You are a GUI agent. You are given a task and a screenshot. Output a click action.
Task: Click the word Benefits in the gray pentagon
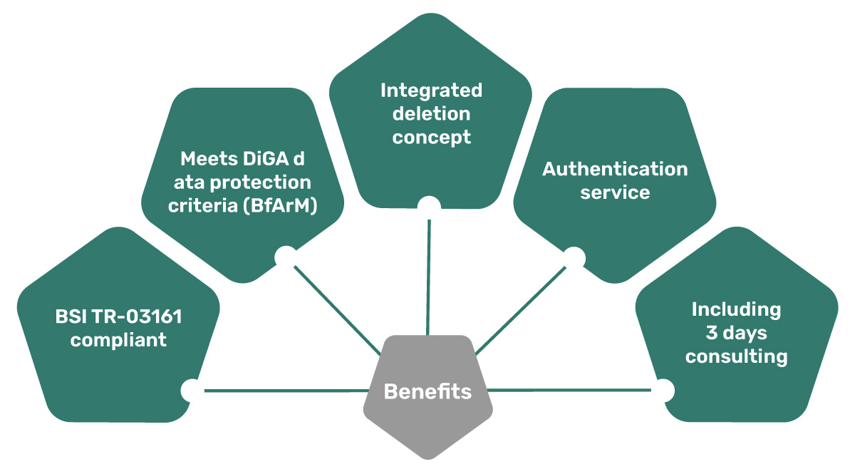pos(427,391)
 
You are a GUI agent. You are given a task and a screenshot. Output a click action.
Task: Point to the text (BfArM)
pos(280,206)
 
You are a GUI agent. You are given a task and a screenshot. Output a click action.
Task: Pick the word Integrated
pos(431,91)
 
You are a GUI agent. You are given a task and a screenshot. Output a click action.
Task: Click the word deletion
pos(431,113)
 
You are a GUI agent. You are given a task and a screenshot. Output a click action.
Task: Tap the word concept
pos(431,137)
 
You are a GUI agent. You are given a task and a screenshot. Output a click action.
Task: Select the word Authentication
pos(615,169)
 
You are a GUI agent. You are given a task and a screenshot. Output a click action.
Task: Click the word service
pos(615,192)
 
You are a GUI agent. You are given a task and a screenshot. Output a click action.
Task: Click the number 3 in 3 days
pos(710,333)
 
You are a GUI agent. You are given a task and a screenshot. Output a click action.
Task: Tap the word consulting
pos(736,356)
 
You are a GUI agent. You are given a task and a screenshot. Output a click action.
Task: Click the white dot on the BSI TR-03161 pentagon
pos(191,390)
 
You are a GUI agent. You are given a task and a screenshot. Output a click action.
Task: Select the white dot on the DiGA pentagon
pos(285,256)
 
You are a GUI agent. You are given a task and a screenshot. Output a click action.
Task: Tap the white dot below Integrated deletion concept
pos(429,207)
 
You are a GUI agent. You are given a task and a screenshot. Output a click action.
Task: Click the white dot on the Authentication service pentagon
pos(571,256)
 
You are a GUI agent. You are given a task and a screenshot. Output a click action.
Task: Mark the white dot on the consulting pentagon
pos(663,389)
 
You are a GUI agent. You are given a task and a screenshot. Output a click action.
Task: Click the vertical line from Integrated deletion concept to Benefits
pos(429,278)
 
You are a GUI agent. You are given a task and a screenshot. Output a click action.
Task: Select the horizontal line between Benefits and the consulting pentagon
pos(570,390)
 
